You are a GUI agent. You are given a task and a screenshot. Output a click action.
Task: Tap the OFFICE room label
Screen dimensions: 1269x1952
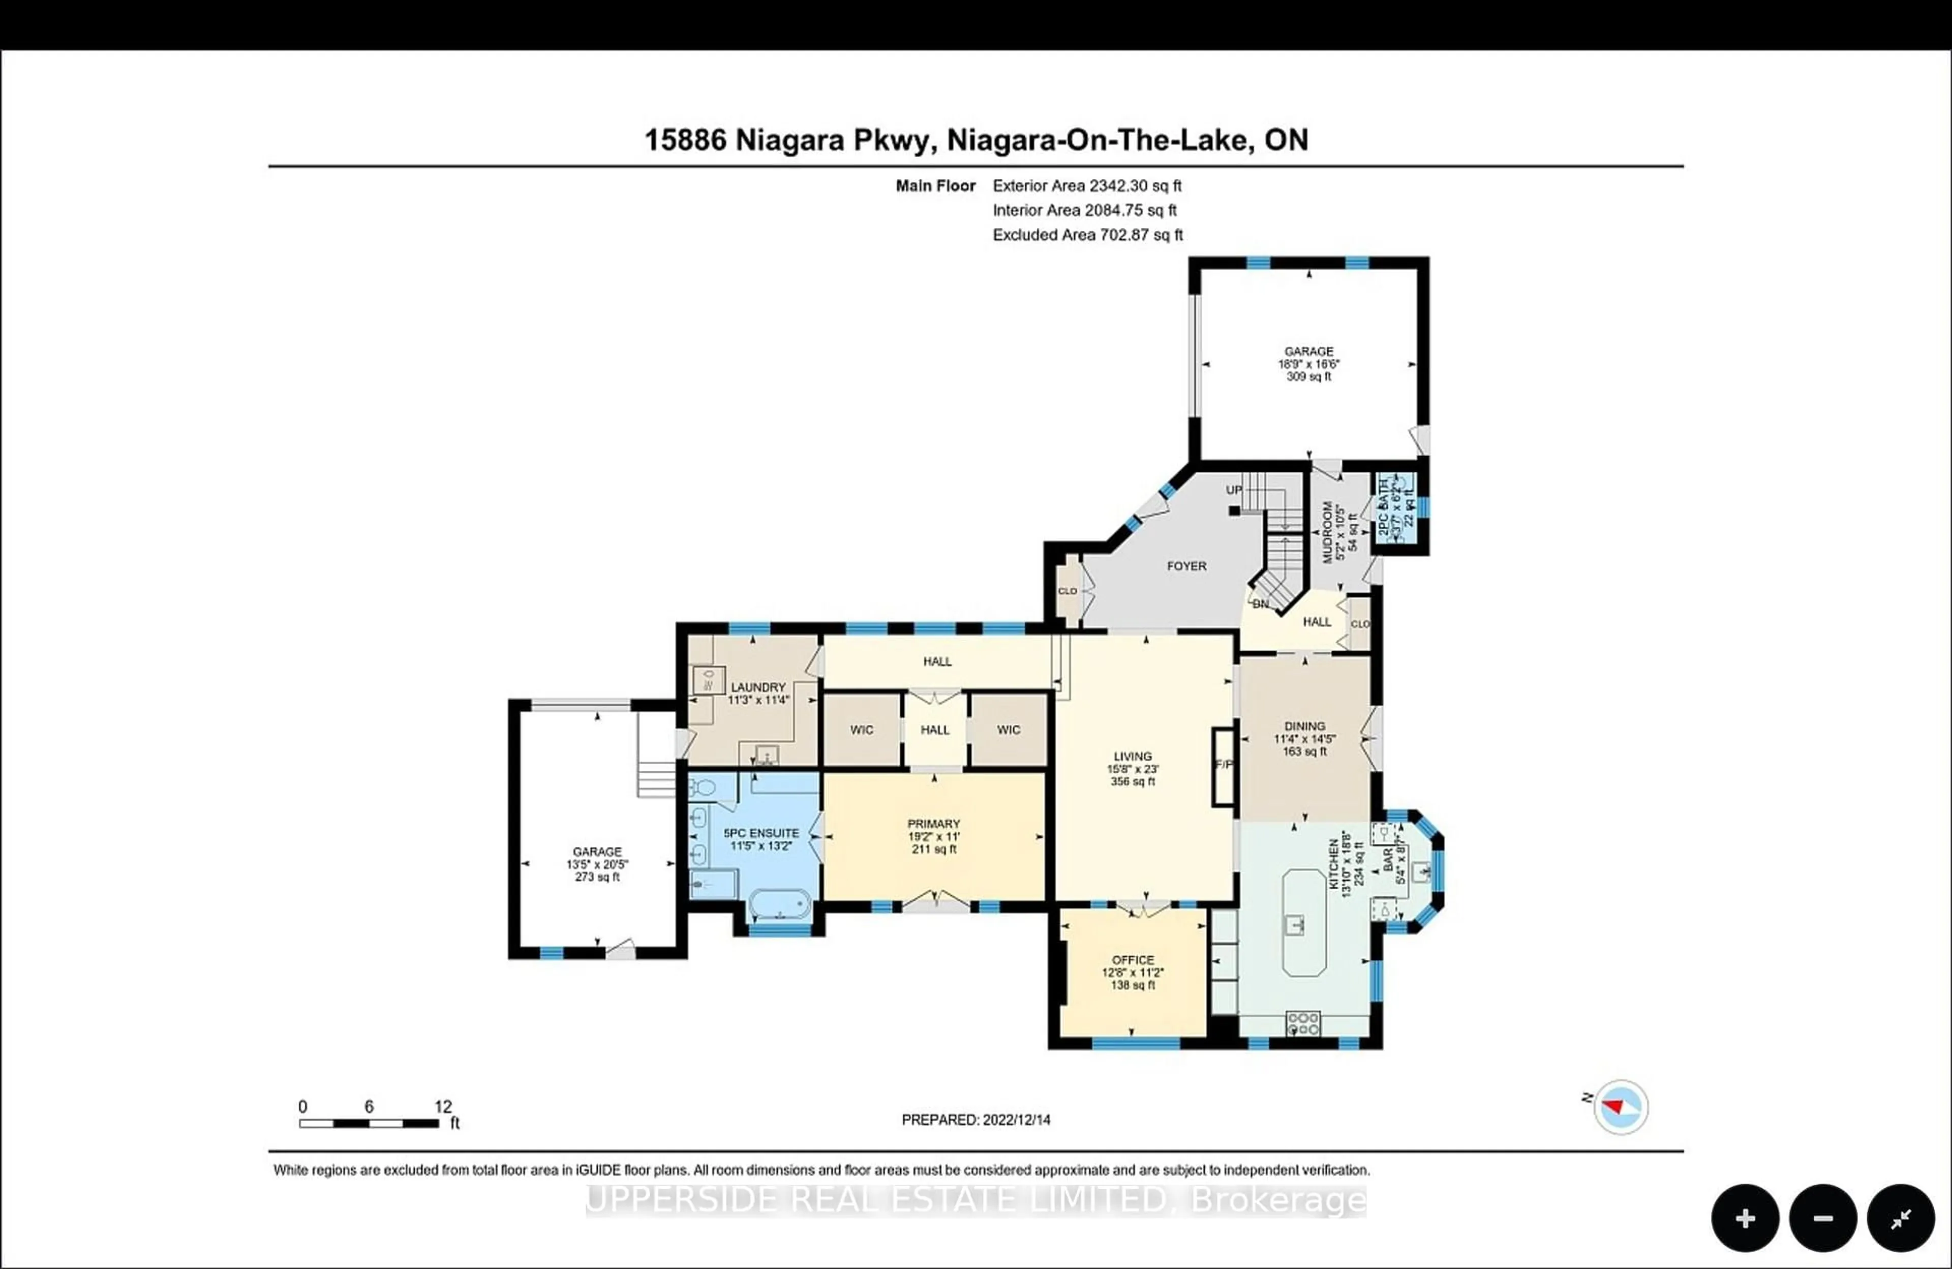point(1133,960)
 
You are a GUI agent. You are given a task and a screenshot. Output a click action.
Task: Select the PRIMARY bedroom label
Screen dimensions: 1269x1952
point(933,824)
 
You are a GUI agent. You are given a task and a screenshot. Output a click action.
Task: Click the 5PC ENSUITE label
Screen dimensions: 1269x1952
point(761,833)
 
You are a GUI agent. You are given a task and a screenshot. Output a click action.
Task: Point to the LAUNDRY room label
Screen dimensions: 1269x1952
point(758,687)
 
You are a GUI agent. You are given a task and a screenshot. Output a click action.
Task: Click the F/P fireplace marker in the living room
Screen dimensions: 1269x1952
point(1224,765)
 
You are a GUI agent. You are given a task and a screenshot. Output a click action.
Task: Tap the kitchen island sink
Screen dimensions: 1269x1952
point(1295,924)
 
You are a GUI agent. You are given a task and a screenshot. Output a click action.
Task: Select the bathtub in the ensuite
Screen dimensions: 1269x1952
point(779,905)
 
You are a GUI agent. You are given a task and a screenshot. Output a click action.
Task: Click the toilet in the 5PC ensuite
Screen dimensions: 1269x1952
point(702,789)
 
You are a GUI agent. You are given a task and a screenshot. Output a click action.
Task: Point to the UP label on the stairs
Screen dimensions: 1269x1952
point(1234,490)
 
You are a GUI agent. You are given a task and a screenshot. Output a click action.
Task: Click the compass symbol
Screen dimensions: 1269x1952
point(1621,1107)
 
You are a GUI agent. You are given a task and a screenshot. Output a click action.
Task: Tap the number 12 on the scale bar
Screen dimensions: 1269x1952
point(443,1107)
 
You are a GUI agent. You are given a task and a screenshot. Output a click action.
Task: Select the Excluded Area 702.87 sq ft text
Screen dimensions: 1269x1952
point(1087,234)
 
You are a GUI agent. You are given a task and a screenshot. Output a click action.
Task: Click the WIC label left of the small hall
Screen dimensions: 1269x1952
point(861,730)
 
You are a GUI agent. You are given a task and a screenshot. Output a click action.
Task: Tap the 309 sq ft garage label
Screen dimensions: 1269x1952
point(1309,377)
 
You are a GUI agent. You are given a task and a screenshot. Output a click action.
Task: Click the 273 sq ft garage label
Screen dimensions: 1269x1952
point(597,877)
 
